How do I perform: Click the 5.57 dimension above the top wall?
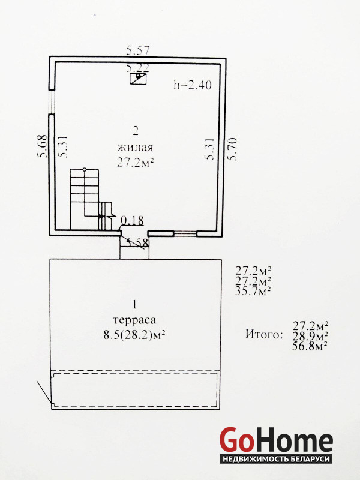pos(138,50)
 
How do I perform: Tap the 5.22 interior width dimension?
pos(138,67)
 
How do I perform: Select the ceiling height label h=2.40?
pos(193,85)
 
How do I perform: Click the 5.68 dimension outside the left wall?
pos(42,146)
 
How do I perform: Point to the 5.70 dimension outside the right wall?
pos(232,149)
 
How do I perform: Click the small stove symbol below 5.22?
pos(138,79)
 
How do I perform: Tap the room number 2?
pos(136,131)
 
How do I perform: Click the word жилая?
pos(136,148)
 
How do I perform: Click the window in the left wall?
pos(52,102)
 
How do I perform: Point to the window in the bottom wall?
pos(185,233)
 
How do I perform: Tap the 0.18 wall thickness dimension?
pos(132,220)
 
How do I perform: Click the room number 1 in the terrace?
pos(134,305)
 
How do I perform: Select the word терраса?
pos(134,320)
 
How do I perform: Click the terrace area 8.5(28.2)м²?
pos(134,335)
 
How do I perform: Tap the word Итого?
pos(263,334)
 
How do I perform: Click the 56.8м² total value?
pos(311,346)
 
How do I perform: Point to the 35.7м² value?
pos(253,291)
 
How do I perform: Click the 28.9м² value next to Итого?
pos(311,335)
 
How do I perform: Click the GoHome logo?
pos(276,445)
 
